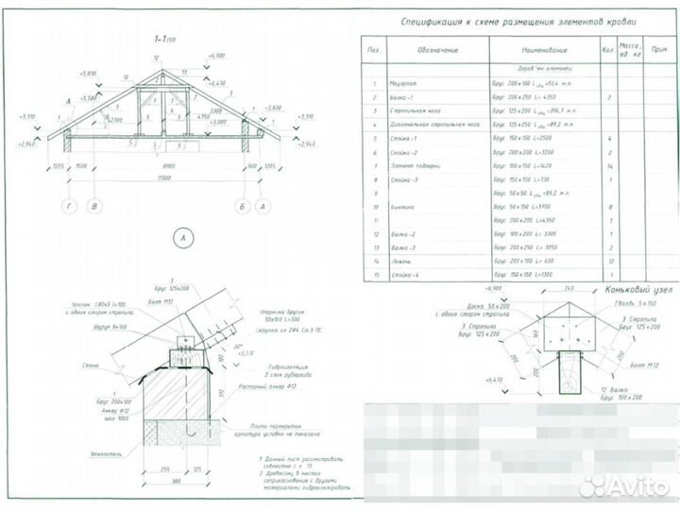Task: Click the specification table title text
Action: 518,21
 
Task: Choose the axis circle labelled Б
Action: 243,204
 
